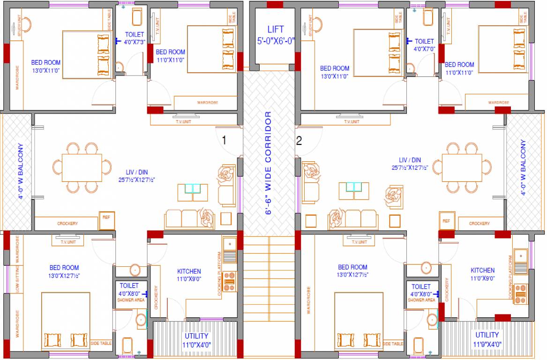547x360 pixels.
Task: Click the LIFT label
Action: point(276,35)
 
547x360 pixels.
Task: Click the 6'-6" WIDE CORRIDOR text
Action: point(269,163)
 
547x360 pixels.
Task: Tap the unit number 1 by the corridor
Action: point(224,140)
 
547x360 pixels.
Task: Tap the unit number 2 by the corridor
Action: point(299,140)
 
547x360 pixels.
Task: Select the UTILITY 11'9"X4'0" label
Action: point(487,339)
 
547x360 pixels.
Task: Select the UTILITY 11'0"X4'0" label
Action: point(196,340)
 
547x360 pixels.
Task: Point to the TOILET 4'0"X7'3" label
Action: point(134,38)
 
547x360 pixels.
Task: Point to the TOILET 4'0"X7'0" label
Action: point(424,45)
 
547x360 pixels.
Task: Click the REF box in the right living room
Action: point(446,221)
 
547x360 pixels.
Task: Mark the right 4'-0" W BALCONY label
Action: point(523,167)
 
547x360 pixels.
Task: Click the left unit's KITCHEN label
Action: point(189,275)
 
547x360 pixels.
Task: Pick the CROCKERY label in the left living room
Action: point(67,224)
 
